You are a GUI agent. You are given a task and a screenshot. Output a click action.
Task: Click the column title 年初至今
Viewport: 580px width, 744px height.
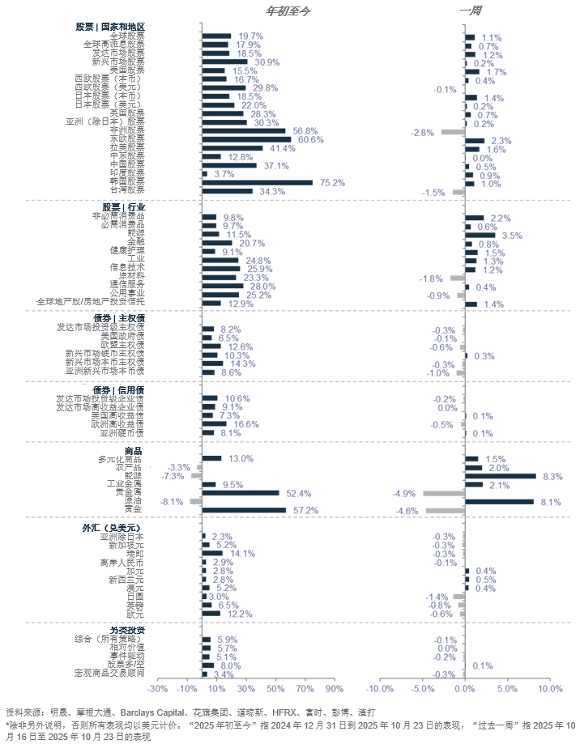[x=288, y=10]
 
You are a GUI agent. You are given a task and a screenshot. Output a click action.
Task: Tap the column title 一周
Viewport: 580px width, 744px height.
[x=471, y=10]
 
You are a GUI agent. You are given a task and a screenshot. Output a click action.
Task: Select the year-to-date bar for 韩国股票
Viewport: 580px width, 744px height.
[x=257, y=182]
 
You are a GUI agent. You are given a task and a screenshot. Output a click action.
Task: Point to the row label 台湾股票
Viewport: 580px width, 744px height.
[x=127, y=191]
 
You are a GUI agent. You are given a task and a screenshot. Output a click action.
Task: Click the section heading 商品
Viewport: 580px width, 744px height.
[x=134, y=450]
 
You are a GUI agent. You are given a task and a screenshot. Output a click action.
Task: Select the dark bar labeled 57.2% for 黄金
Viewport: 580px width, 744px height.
[x=244, y=510]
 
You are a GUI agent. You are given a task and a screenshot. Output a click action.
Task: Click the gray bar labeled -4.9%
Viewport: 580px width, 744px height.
[x=444, y=493]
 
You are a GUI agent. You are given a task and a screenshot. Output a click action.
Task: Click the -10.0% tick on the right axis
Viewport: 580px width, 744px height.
[x=379, y=689]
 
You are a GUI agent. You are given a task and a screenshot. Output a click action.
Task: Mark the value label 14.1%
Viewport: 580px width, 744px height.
[x=242, y=554]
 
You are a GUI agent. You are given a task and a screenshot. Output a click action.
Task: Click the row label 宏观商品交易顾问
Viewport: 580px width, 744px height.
[x=110, y=673]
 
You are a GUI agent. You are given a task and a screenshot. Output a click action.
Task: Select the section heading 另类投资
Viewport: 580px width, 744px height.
[x=127, y=629]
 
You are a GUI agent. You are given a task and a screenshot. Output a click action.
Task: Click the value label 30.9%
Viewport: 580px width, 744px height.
[x=267, y=62]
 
